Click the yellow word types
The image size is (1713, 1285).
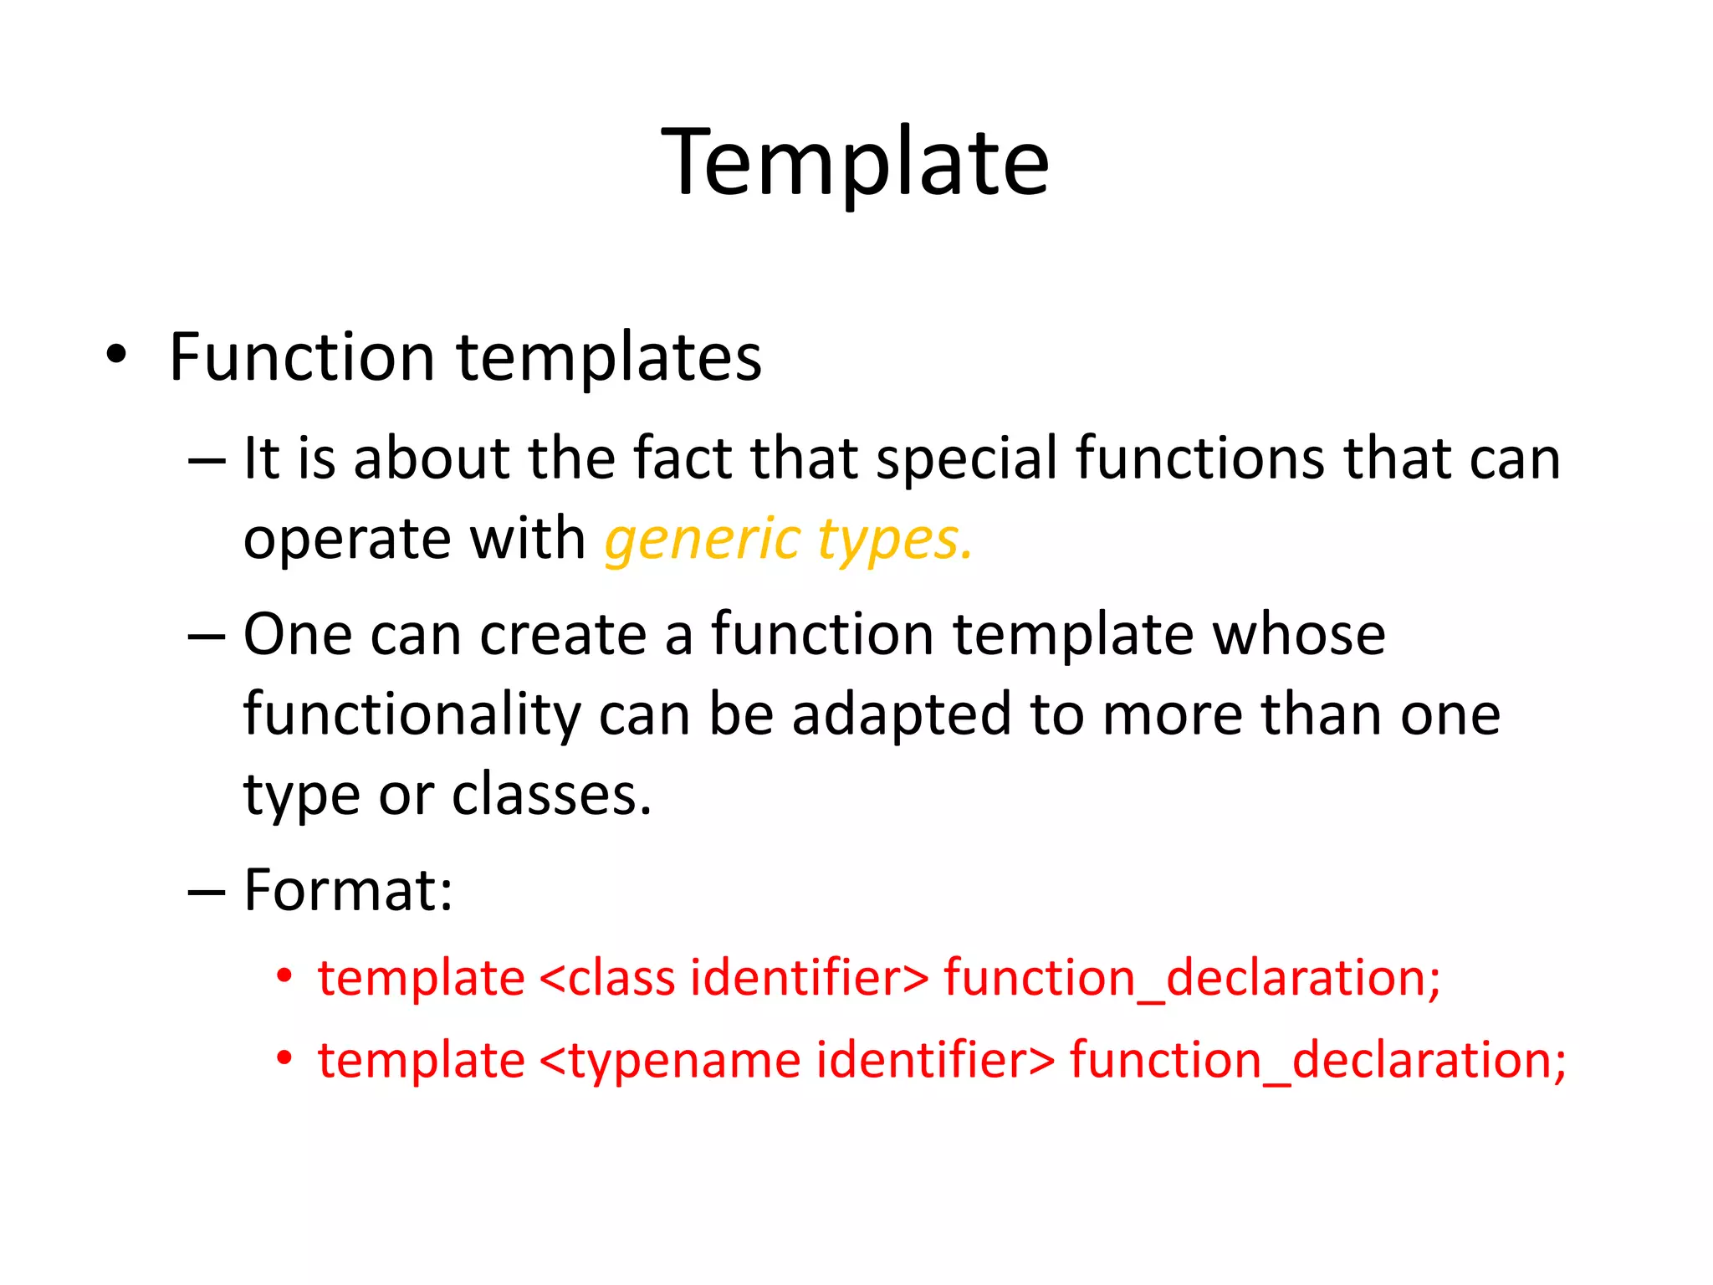894,540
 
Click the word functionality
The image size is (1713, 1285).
412,715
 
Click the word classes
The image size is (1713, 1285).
551,795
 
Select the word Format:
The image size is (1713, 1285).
348,890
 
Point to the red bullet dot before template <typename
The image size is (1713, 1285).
285,1058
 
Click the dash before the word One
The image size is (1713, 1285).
207,637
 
